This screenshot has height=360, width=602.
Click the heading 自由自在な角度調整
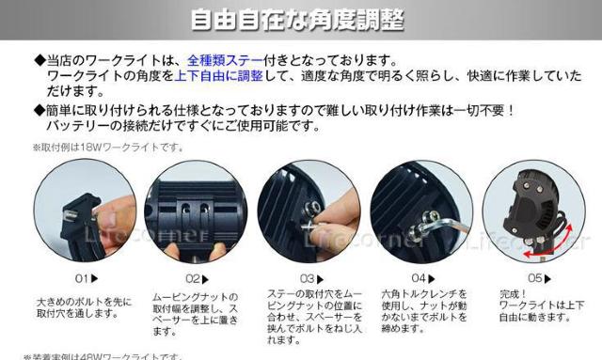click(x=300, y=20)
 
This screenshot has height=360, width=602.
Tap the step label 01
click(x=85, y=278)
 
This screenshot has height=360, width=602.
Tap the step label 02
click(x=195, y=278)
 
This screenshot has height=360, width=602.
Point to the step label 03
click(x=309, y=278)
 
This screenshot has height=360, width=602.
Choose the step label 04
click(x=420, y=278)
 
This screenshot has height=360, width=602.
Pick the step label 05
click(x=535, y=278)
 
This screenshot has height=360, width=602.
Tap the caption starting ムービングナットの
click(x=195, y=314)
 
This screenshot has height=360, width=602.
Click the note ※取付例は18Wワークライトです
click(x=108, y=147)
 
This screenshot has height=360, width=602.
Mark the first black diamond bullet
click(x=39, y=60)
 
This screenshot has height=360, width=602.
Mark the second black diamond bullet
click(x=39, y=110)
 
